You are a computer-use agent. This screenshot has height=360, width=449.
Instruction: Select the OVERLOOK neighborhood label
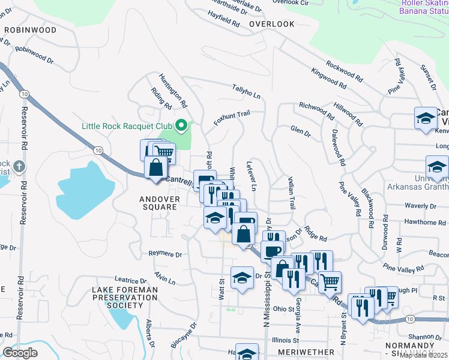tap(272, 24)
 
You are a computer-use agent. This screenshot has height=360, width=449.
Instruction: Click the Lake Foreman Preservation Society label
tap(125, 298)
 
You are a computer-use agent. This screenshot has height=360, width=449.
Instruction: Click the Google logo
tap(19, 353)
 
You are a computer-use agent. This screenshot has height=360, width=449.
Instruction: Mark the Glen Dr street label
tap(300, 131)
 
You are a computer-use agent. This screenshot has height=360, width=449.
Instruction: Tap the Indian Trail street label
tap(291, 193)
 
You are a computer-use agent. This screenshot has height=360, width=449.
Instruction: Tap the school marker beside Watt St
tap(242, 277)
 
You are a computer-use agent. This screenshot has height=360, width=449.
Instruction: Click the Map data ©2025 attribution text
tap(424, 355)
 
